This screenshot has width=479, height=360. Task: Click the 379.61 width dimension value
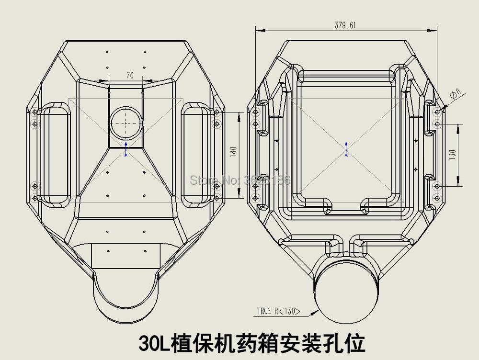coord(345,25)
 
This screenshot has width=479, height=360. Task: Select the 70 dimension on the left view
coord(129,75)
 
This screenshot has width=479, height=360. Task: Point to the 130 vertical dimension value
coord(453,154)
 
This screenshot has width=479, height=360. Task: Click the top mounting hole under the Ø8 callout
coord(437,112)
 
